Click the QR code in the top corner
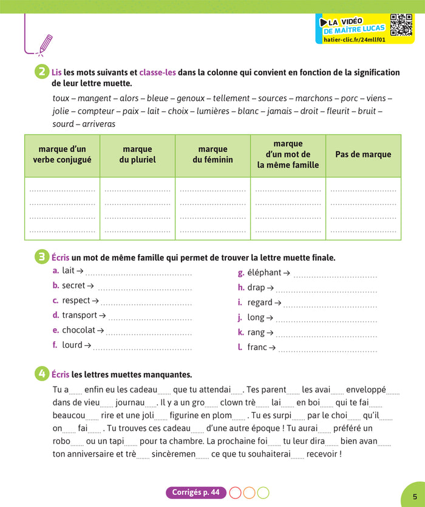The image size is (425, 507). [401, 24]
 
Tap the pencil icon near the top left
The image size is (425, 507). [45, 44]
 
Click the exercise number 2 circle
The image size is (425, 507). [42, 72]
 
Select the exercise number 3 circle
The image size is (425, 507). [42, 257]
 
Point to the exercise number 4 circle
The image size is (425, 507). [42, 374]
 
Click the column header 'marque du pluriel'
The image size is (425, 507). [138, 154]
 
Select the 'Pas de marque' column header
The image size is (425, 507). [363, 154]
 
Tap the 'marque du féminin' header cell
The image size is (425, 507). [212, 154]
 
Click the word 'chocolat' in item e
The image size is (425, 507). [79, 330]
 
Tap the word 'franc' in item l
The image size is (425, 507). [257, 347]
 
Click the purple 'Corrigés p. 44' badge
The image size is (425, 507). [195, 492]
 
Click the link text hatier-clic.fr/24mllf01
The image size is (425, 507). [351, 40]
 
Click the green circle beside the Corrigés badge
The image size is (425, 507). [263, 492]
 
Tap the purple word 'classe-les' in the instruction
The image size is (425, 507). [157, 72]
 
